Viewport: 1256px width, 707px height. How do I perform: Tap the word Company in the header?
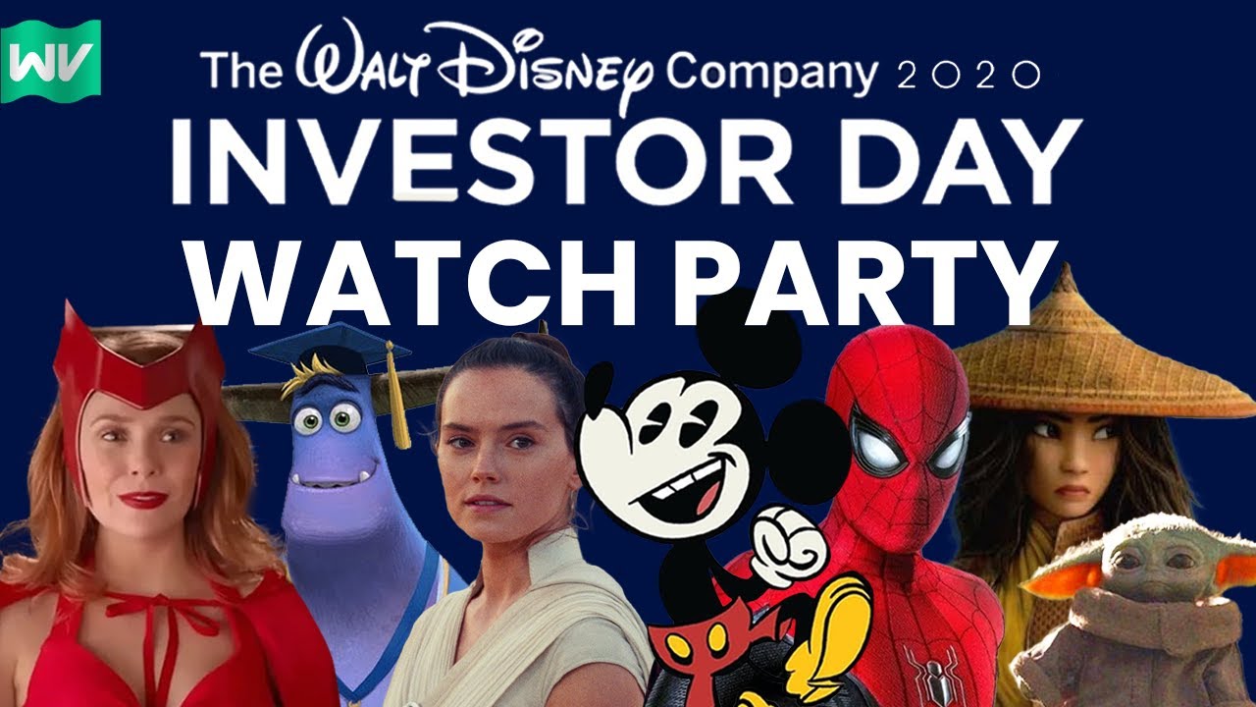tap(772, 74)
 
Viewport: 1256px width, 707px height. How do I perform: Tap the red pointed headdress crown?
tap(136, 366)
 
